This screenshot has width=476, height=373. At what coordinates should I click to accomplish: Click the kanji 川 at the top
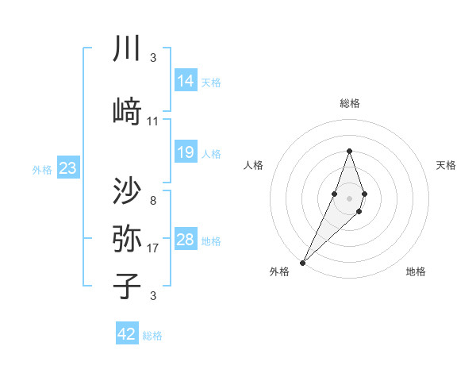tap(126, 49)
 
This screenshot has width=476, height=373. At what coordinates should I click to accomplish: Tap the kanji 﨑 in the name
tap(126, 111)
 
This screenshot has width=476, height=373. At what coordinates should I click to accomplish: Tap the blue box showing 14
tap(186, 81)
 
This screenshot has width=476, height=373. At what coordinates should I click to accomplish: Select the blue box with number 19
tap(186, 152)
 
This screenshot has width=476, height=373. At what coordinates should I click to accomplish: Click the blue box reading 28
tap(186, 240)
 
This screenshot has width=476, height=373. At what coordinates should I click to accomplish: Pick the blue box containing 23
tap(67, 168)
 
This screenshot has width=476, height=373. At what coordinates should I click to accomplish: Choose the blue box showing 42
tap(127, 334)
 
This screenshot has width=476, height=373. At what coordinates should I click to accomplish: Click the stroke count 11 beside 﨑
tap(153, 121)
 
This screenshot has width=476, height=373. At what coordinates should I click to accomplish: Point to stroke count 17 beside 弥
tap(153, 247)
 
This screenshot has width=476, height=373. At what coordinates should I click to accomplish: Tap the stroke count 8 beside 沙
tap(153, 200)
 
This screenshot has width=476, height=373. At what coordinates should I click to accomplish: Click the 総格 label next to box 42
tap(152, 336)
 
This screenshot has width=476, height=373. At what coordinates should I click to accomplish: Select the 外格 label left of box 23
tap(42, 170)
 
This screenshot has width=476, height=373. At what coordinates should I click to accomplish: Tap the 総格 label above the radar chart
tap(349, 103)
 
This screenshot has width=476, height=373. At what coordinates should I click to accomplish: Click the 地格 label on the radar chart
tap(416, 271)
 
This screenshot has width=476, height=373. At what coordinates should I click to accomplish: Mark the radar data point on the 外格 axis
tap(302, 262)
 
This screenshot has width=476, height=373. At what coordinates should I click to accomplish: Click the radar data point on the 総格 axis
tap(349, 151)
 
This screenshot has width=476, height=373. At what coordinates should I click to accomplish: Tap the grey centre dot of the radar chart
tap(349, 198)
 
